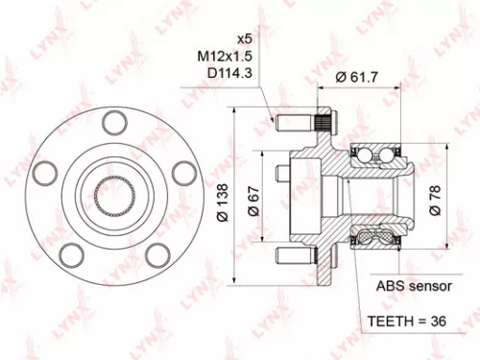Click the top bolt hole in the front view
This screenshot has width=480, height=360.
[113, 121]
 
